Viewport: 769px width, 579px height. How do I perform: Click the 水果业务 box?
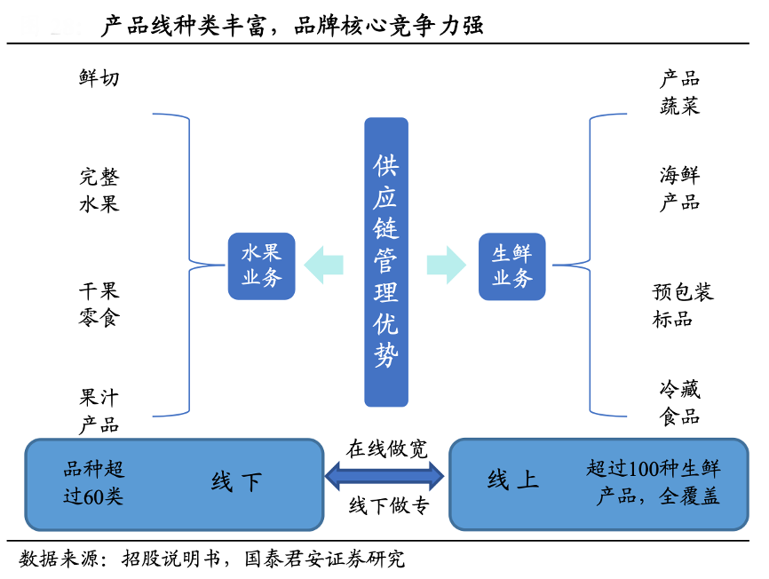click(x=261, y=266)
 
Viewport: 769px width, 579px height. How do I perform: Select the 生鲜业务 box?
click(x=511, y=266)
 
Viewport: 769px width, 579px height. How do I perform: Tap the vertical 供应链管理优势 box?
click(x=386, y=262)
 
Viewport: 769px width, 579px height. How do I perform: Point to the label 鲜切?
click(x=99, y=78)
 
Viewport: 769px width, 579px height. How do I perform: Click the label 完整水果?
click(x=99, y=190)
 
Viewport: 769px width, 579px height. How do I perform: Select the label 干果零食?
click(x=99, y=304)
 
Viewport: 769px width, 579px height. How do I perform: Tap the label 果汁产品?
click(x=99, y=410)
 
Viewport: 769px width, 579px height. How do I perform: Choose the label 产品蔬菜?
click(x=679, y=92)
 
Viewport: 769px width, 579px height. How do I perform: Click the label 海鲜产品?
click(x=679, y=188)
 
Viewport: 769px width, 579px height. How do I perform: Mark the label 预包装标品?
click(x=682, y=305)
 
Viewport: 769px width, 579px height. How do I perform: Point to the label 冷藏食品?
click(x=679, y=402)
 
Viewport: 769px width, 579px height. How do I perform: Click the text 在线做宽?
click(x=386, y=448)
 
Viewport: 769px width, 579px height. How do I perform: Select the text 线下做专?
click(x=388, y=506)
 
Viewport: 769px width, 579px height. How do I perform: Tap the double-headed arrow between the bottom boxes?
click(x=386, y=477)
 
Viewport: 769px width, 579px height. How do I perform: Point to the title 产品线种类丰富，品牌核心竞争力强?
click(x=293, y=26)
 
